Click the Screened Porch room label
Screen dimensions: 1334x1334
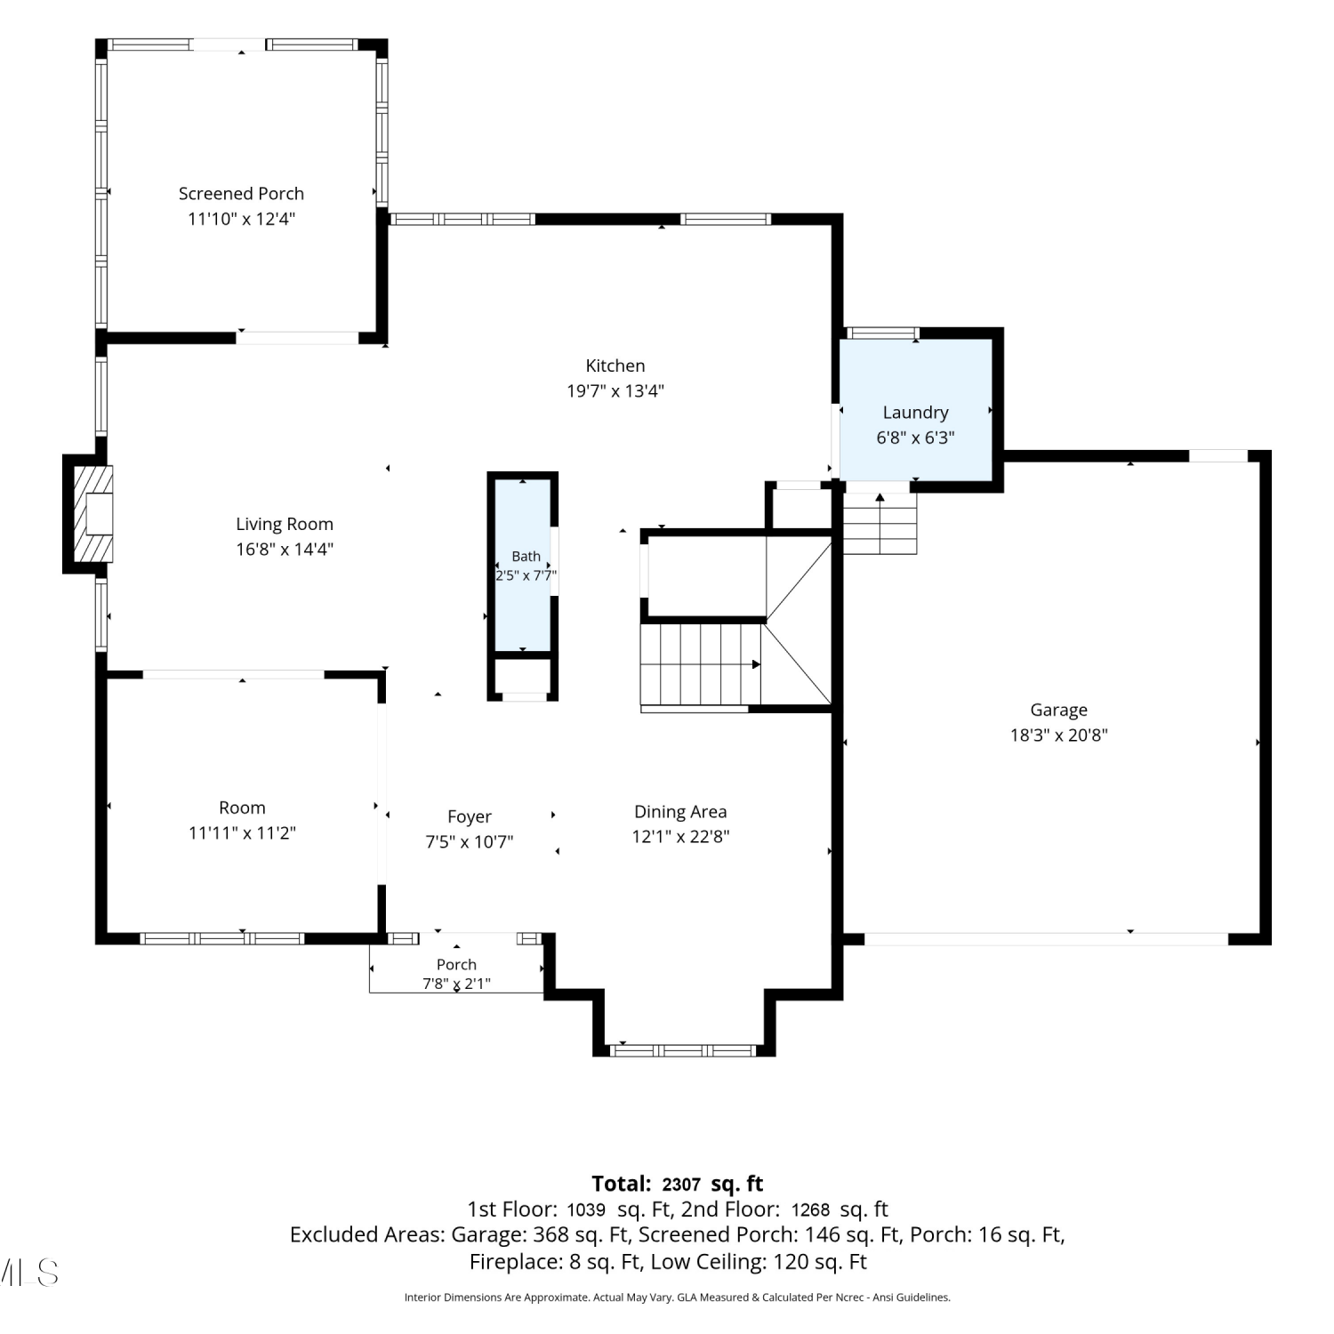(x=241, y=194)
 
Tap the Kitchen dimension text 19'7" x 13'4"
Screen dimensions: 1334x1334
(x=615, y=390)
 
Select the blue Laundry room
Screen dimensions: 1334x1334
(x=915, y=409)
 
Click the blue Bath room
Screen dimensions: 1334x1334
(x=523, y=566)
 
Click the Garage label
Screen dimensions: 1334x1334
(x=1058, y=710)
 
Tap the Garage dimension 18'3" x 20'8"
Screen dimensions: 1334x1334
(x=1058, y=735)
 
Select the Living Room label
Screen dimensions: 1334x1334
(x=285, y=525)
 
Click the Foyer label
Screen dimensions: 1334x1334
(x=470, y=816)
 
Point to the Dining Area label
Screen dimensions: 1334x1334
(x=680, y=812)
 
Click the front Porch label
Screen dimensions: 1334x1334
(x=456, y=965)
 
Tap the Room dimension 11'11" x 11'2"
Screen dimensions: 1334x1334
(x=242, y=833)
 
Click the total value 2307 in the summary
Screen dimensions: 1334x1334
(x=681, y=1185)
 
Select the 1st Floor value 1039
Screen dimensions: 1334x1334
(x=585, y=1210)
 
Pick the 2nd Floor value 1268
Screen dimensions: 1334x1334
(x=810, y=1210)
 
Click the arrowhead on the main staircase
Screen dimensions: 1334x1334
(x=756, y=664)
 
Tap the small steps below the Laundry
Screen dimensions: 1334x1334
(x=880, y=523)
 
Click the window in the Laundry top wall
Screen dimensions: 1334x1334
(x=881, y=333)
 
